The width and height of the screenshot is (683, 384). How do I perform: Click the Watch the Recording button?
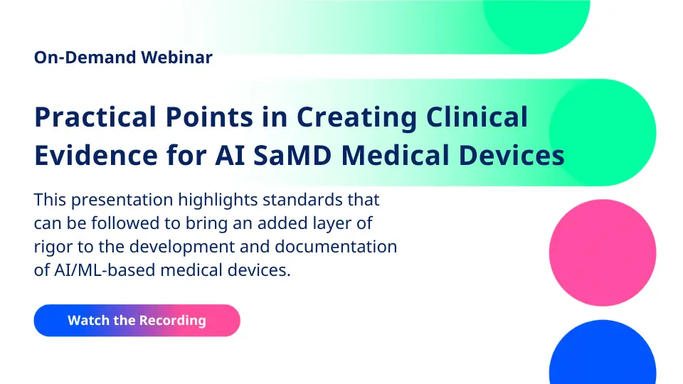(137, 321)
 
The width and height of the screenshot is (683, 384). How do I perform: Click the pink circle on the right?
(603, 252)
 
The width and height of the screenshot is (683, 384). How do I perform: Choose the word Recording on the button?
(172, 321)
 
